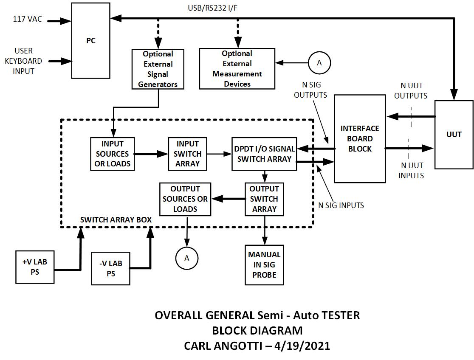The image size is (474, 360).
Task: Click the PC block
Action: [90, 41]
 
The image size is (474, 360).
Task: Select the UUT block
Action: [454, 134]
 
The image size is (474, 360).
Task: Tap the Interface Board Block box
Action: [360, 138]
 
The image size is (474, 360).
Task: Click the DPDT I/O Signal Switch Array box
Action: [264, 154]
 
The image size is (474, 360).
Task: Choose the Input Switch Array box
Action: [187, 154]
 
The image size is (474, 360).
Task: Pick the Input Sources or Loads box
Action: [112, 154]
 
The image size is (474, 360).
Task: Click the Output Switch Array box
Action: [264, 199]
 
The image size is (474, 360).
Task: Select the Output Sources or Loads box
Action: [185, 199]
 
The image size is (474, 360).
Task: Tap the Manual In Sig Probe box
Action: [264, 264]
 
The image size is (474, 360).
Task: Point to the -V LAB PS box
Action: [111, 269]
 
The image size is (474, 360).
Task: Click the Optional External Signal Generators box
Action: [158, 69]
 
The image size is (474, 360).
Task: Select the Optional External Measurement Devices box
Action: [237, 69]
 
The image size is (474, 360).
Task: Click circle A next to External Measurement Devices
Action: [319, 63]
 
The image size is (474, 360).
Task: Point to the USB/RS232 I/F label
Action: [210, 8]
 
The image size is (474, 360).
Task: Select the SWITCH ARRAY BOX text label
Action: [116, 220]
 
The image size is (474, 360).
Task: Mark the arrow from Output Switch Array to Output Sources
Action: [228, 199]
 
